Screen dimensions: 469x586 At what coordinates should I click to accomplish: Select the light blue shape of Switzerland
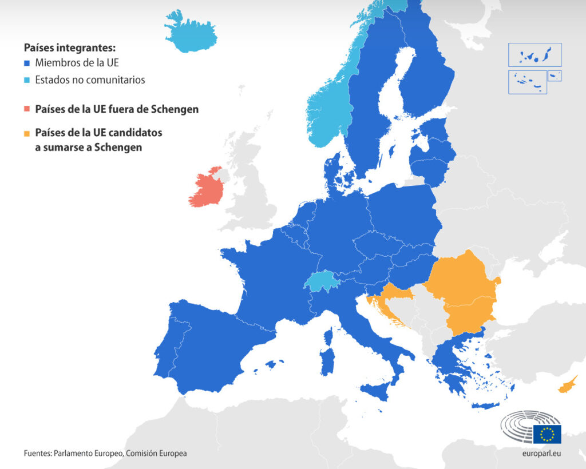(x=320, y=281)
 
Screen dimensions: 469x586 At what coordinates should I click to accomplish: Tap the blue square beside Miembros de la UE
(x=27, y=63)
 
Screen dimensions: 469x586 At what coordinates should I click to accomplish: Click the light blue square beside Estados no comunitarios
(x=27, y=80)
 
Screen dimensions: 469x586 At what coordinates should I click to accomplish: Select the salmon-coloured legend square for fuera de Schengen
(x=27, y=109)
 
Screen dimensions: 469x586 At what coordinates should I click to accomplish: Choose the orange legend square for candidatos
(x=27, y=133)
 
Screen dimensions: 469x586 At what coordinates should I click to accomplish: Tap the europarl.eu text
(x=541, y=453)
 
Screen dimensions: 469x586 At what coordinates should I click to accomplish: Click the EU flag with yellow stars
(x=547, y=434)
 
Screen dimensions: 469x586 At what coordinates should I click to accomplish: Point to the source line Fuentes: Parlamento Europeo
(x=105, y=453)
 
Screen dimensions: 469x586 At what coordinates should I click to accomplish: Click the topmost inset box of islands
(x=534, y=55)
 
